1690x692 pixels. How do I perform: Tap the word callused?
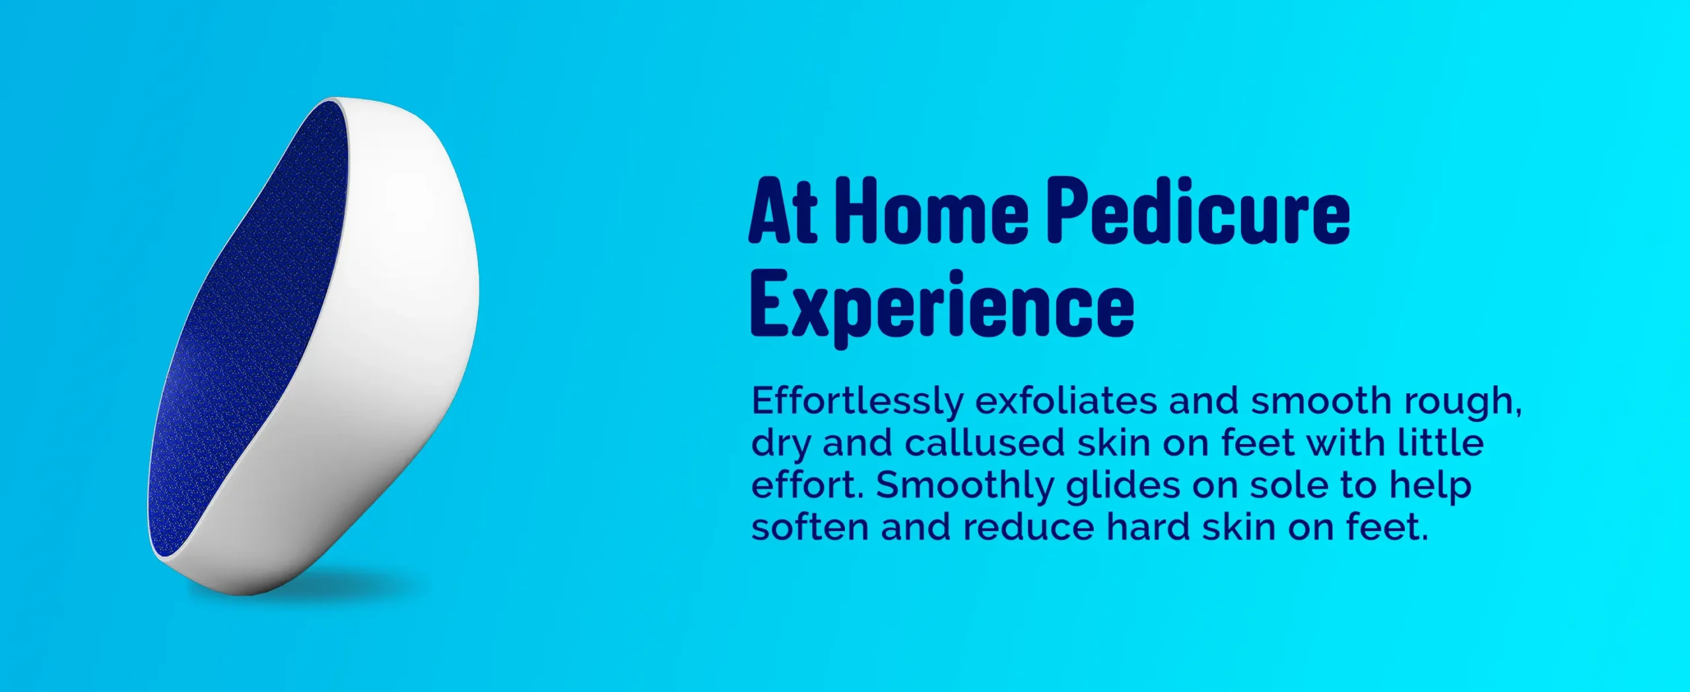click(x=984, y=443)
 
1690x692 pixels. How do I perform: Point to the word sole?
click(x=1293, y=485)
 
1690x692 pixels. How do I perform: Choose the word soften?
click(x=810, y=527)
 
